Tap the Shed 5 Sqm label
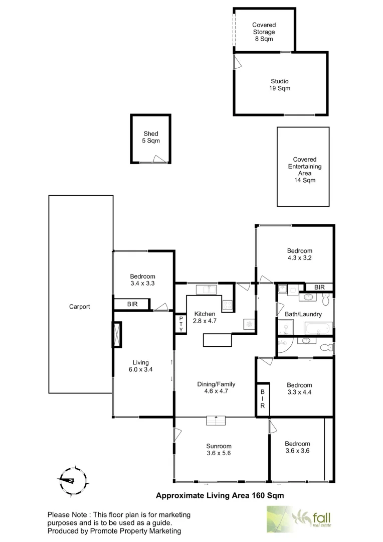tap(151, 137)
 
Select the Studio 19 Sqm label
tap(280, 84)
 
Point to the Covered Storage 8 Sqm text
tap(264, 32)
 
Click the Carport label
tap(80, 307)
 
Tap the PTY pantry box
tap(180, 324)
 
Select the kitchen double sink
tap(206, 290)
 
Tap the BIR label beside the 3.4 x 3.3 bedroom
tap(132, 304)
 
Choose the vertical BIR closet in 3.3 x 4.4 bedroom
tap(262, 399)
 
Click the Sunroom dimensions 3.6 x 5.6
tap(219, 453)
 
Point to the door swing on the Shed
tap(160, 160)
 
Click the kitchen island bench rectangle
tap(218, 340)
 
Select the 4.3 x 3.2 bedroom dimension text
tap(299, 258)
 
